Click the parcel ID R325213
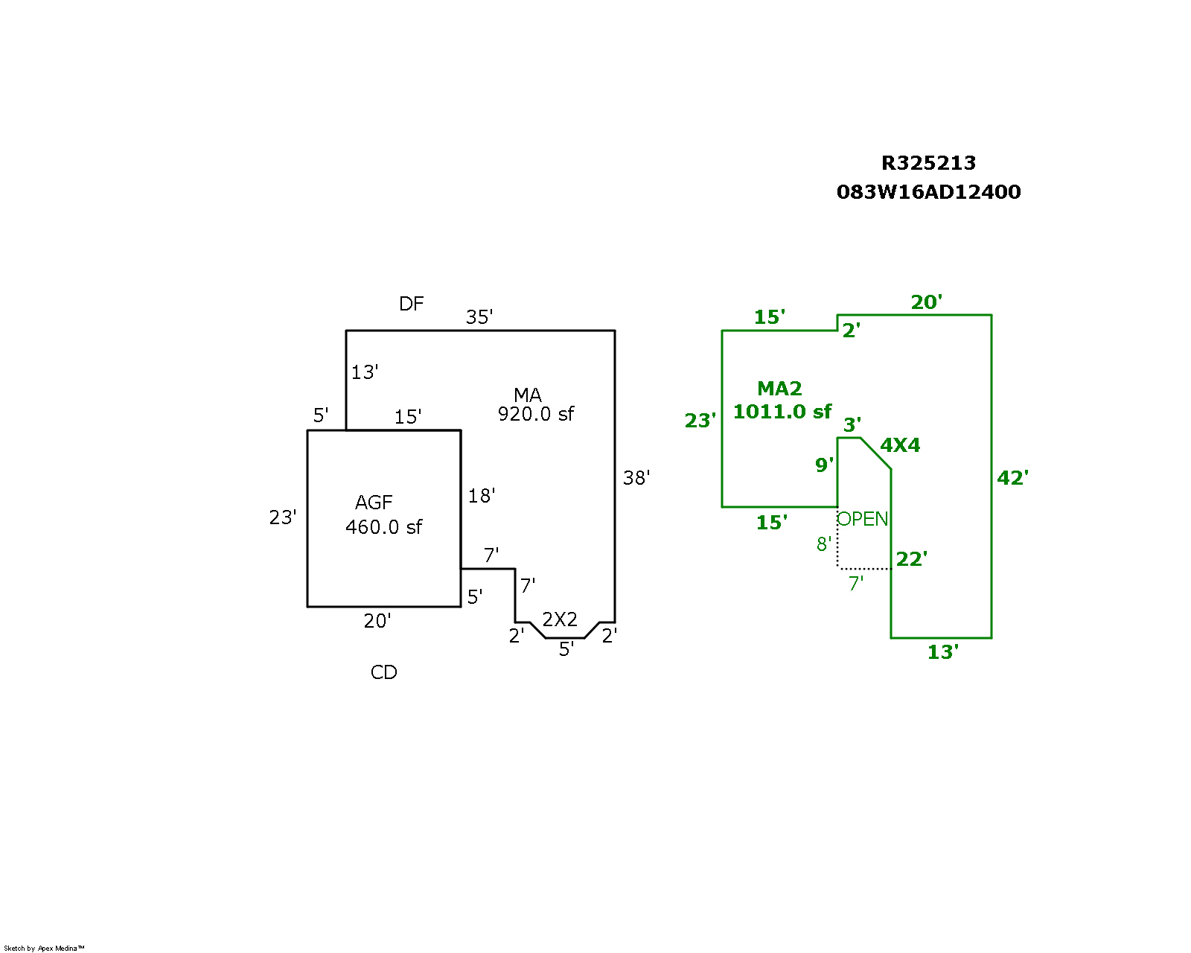[x=928, y=163]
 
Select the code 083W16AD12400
[x=928, y=192]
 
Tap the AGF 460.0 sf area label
[x=383, y=515]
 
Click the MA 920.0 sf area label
[x=534, y=405]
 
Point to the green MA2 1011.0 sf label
[x=782, y=401]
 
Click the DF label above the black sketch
[x=411, y=304]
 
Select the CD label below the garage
[x=383, y=672]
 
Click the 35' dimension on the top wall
[x=479, y=317]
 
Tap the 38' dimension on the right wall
[x=636, y=478]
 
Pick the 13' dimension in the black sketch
[x=365, y=372]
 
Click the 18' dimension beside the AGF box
[x=482, y=496]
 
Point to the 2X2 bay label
[x=560, y=619]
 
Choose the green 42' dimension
[x=1012, y=478]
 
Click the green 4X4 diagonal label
[x=900, y=445]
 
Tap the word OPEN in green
[x=863, y=519]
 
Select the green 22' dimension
[x=911, y=559]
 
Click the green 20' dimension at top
[x=926, y=302]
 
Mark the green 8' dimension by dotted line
[x=823, y=544]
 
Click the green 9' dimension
[x=824, y=465]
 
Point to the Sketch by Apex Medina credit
[x=44, y=949]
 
